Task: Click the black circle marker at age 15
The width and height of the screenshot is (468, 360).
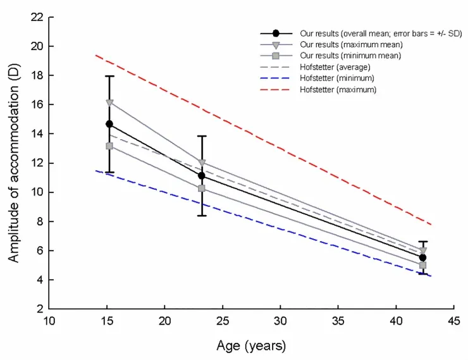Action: coord(109,124)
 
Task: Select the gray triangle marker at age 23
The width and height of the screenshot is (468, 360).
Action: coord(202,163)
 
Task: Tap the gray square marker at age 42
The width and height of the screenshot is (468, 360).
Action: coord(422,265)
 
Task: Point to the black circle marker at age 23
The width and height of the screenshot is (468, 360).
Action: coord(202,176)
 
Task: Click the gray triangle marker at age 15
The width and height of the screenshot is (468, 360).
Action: coord(109,102)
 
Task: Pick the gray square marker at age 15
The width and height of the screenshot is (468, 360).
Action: coord(109,146)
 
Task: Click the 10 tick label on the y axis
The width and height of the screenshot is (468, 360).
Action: coord(37,192)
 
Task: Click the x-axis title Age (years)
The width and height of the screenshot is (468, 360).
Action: coord(251,346)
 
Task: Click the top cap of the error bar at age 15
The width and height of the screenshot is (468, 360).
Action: coord(109,76)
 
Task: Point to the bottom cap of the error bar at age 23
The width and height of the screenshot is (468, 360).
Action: coord(202,216)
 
